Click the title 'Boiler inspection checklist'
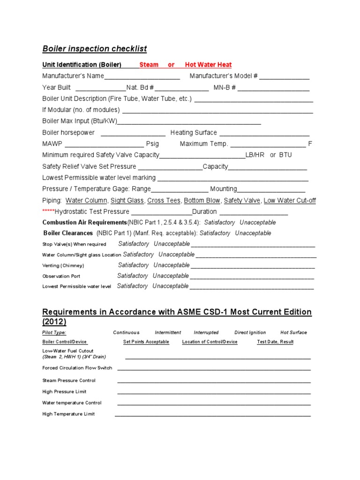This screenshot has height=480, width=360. click(94, 49)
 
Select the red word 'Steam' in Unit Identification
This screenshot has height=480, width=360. click(149, 65)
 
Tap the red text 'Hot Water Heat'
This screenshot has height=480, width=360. click(208, 65)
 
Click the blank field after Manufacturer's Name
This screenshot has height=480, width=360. click(142, 76)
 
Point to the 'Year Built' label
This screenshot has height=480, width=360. click(57, 88)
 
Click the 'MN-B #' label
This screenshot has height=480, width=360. click(225, 88)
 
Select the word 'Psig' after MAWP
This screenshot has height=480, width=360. click(152, 144)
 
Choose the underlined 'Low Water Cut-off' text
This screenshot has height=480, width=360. click(290, 201)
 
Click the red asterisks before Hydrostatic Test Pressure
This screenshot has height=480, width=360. click(48, 212)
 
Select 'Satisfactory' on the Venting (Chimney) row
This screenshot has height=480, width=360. click(134, 265)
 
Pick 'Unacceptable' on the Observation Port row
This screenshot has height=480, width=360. click(171, 276)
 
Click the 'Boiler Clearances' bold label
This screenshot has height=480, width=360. click(68, 233)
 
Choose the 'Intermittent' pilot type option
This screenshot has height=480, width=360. click(168, 332)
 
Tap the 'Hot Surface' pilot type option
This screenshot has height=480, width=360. click(293, 332)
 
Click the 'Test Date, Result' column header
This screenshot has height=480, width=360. click(275, 342)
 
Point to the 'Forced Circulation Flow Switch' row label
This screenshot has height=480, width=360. click(77, 368)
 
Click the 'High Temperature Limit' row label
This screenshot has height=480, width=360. click(68, 414)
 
